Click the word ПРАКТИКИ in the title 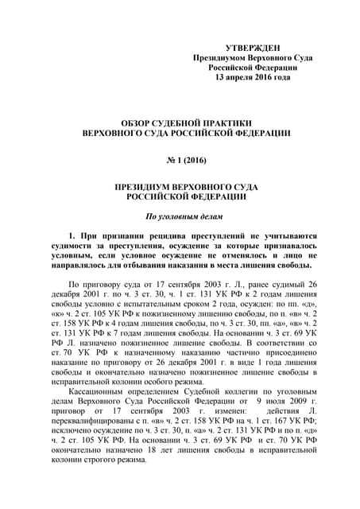click(x=225, y=125)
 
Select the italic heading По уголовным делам click(x=180, y=216)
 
